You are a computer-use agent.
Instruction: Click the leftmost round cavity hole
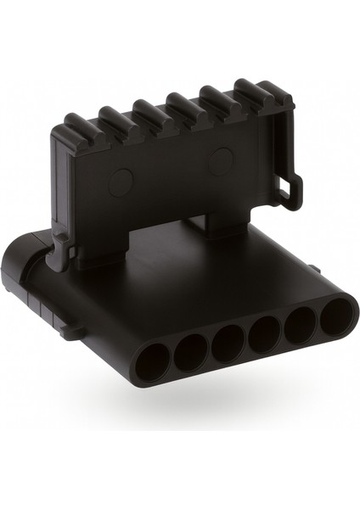pyautogui.click(x=152, y=361)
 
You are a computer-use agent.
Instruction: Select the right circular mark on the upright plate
pyautogui.click(x=222, y=159)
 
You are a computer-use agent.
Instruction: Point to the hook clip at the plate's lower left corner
pyautogui.click(x=60, y=252)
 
